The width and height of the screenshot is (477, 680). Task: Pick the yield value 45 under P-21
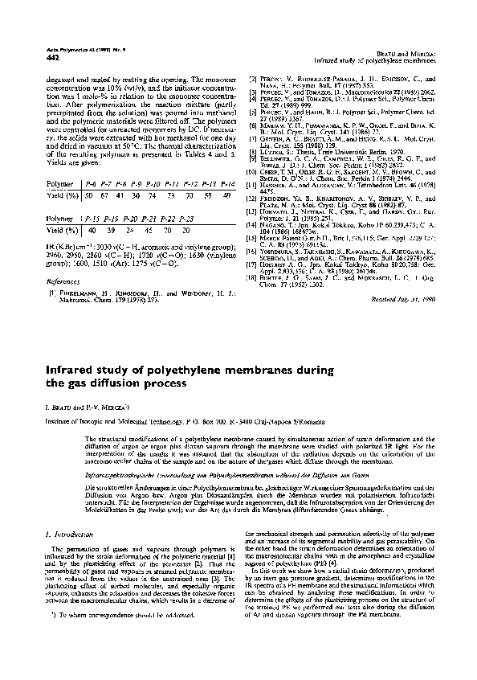pyautogui.click(x=151, y=230)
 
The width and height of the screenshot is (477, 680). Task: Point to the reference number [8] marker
pyautogui.click(x=250, y=146)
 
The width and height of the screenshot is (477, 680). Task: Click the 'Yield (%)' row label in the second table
pyautogui.click(x=55, y=230)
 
